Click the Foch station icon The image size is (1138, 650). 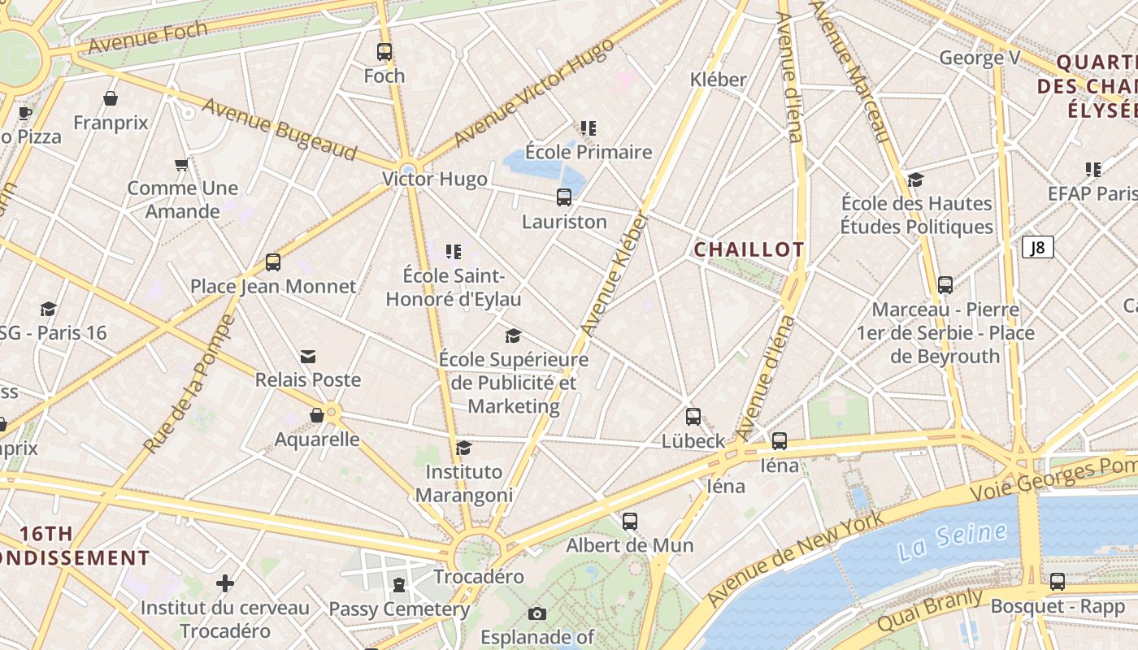pos(384,52)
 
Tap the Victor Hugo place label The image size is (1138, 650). pos(435,179)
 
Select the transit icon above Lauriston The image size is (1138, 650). pos(564,197)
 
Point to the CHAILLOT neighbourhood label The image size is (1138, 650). pos(749,249)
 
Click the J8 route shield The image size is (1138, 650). pos(1037,247)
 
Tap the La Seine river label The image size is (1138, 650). pos(953,541)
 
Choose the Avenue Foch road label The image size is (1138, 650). pos(147,38)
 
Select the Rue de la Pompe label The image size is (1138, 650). pos(189,384)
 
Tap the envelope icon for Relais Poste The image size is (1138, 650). pos(308,357)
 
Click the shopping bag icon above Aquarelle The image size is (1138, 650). pos(317,416)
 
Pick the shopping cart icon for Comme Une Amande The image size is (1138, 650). pos(182,165)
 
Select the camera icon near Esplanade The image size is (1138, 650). pos(536,613)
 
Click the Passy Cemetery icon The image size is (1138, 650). pos(398,585)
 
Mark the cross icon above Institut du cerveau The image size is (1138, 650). pos(225,583)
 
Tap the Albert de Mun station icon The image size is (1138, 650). pos(630,522)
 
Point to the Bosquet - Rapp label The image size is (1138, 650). pos(1058,606)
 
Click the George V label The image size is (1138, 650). pos(979,58)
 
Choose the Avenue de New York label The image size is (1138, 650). pos(794,558)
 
